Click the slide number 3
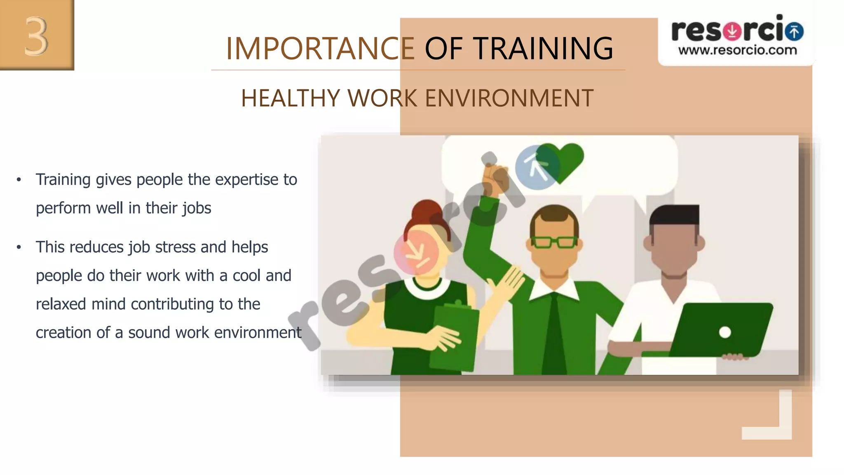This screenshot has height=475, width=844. (36, 36)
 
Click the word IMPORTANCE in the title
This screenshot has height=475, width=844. (320, 49)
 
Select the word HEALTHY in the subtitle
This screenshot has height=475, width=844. (290, 99)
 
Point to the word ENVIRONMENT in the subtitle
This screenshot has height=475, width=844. (509, 99)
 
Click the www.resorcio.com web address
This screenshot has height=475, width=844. (738, 51)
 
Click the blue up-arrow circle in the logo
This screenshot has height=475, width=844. (794, 31)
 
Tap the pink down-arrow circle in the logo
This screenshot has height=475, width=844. (732, 31)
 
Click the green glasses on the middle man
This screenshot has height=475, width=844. (554, 242)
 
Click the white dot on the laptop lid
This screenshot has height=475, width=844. (725, 332)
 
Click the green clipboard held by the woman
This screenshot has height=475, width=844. (453, 334)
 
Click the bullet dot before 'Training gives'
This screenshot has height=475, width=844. (19, 180)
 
